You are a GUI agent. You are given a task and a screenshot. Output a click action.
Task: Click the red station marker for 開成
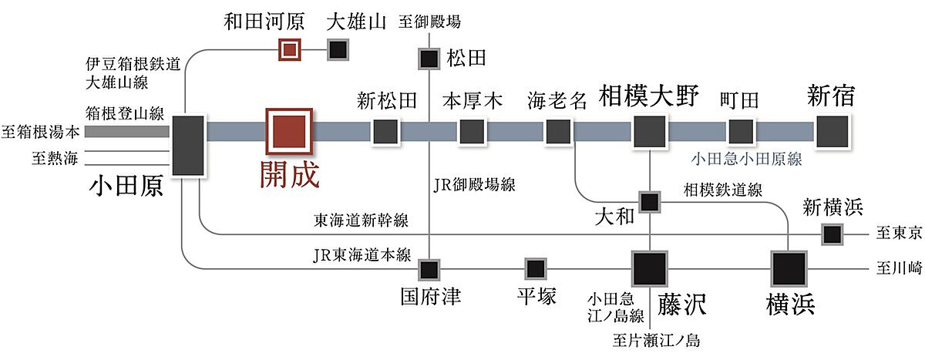[289, 131]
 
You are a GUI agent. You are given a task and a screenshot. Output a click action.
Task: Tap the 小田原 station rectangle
[188, 145]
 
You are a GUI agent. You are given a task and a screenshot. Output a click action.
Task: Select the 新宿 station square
[832, 131]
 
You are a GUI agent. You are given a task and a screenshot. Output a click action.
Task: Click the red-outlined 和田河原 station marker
[289, 49]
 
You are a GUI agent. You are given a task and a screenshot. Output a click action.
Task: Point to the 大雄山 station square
[338, 49]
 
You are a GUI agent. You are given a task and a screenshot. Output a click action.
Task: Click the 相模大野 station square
[650, 131]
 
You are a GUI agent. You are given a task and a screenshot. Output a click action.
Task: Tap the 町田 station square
[741, 131]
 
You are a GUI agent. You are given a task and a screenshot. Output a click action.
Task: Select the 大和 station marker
[650, 202]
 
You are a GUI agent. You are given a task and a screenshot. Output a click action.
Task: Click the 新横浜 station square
[832, 234]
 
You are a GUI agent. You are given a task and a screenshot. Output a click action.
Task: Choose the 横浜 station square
[789, 269]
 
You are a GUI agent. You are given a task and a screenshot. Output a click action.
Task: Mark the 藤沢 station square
[650, 269]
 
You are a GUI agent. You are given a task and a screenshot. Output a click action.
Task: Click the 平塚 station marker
[536, 269]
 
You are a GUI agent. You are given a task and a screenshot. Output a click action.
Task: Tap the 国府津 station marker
[429, 270]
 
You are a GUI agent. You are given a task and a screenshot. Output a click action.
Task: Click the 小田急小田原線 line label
[747, 160]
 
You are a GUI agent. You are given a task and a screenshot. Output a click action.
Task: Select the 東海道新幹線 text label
[361, 220]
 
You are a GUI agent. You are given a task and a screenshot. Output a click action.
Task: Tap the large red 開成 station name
[288, 174]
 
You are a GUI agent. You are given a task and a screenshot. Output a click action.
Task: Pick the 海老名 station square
[557, 132]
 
